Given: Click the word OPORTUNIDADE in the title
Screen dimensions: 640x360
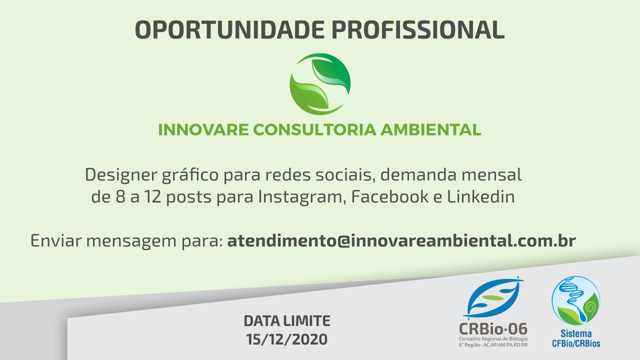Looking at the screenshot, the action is click(229, 29).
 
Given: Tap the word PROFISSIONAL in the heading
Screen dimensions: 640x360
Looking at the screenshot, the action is click(418, 29).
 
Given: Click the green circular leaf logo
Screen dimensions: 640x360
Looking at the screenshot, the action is click(320, 84).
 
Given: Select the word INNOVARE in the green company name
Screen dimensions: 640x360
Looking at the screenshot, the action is click(203, 129).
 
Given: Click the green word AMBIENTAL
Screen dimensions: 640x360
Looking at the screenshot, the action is click(430, 129).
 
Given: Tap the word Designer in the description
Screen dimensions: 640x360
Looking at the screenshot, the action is click(121, 175).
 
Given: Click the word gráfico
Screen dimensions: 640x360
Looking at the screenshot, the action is click(190, 175).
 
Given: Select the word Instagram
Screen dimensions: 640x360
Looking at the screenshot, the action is click(300, 197).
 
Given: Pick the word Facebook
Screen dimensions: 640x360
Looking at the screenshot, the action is click(390, 196).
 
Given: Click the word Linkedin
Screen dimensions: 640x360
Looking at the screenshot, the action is click(481, 196).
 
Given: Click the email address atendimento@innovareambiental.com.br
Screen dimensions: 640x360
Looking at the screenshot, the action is click(401, 240).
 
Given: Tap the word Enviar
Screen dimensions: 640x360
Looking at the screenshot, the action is click(56, 240).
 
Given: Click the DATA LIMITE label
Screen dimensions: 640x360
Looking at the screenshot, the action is click(287, 321).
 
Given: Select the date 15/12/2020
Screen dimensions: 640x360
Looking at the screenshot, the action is click(287, 339).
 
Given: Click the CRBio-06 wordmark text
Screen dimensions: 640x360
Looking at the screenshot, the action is click(493, 329).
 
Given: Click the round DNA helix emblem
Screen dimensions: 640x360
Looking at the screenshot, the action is click(576, 300).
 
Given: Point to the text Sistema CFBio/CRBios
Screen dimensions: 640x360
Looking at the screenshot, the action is click(576, 338).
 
